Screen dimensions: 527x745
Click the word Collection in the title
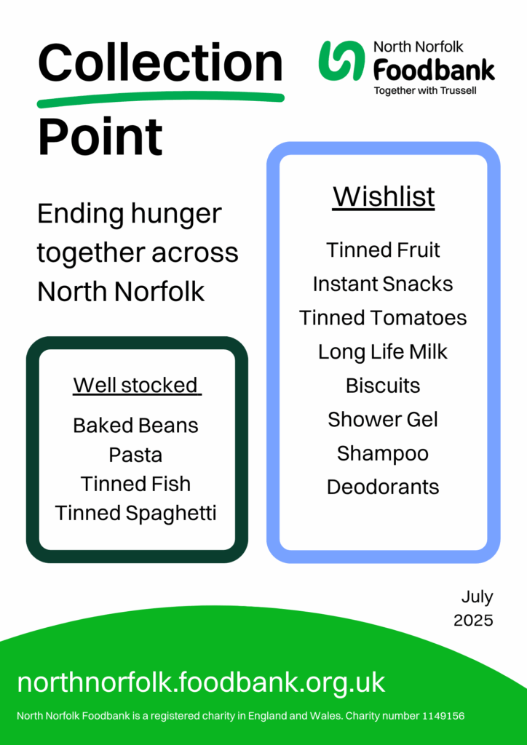pos(160,63)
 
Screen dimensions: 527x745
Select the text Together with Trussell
pos(425,91)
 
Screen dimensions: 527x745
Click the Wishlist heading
pos(384,196)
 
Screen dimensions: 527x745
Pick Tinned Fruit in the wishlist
pos(383,250)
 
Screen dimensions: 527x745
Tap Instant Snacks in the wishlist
pos(383,284)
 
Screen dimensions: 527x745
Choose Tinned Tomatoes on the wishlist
pos(383,318)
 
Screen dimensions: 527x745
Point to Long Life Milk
pos(383,352)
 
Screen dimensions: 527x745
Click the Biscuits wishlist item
pos(383,386)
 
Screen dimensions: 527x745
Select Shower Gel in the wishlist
pos(383,420)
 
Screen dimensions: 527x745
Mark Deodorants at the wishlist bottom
pos(383,487)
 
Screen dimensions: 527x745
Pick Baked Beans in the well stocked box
pos(136,426)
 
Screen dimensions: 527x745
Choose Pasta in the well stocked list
pos(136,455)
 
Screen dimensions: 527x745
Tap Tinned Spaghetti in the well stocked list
pos(136,514)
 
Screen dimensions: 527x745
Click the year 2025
pos(473,621)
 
